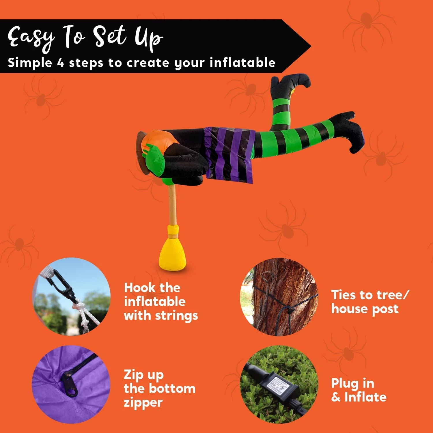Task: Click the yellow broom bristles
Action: coord(172,254)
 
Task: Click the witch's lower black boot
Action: coord(349,130)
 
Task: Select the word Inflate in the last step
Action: coord(365,397)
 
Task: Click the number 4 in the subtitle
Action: coord(60,63)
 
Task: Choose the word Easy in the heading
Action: coord(30,38)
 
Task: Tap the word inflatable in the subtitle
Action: coord(242,63)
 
